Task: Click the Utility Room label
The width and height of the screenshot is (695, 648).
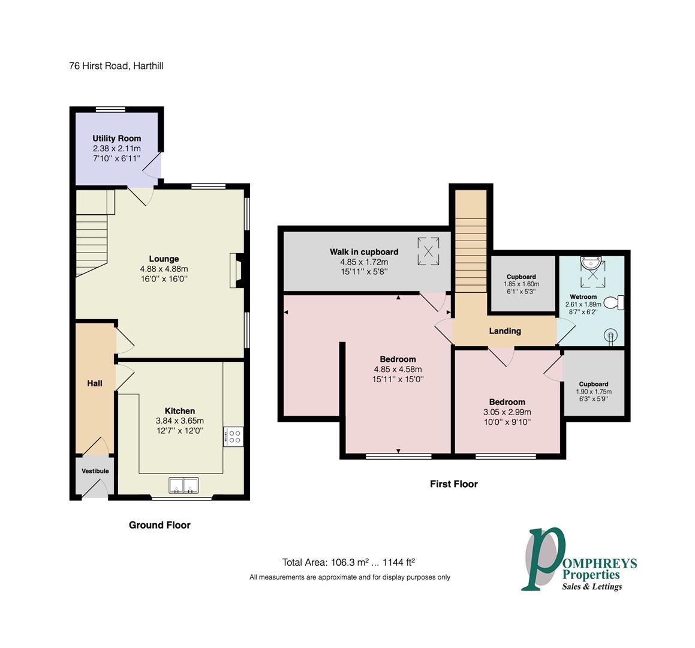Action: pos(116,139)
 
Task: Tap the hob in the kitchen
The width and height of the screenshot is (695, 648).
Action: pos(234,436)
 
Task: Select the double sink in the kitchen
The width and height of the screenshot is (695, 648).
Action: pos(183,485)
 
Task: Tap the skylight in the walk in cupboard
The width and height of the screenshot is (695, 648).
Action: pos(428,251)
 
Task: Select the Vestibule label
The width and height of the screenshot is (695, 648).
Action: pos(95,471)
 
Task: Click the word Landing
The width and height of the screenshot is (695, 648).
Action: pos(505,331)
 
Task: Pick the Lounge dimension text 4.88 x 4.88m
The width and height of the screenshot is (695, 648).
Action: pos(164,269)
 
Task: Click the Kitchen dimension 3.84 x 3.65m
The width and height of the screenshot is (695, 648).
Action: pos(180,421)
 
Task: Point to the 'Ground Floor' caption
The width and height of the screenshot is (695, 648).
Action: pos(160,525)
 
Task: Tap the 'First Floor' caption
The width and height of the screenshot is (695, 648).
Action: pos(454,484)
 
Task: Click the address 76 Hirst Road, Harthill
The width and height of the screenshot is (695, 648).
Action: pos(116,66)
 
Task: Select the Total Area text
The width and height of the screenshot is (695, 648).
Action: pos(348,562)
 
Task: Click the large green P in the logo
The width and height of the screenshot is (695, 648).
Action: pos(544,559)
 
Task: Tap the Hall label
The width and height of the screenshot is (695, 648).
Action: pos(94,383)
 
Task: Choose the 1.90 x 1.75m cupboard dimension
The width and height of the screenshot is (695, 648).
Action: pos(594,392)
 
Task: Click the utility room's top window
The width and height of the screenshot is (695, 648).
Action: pos(111,109)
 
